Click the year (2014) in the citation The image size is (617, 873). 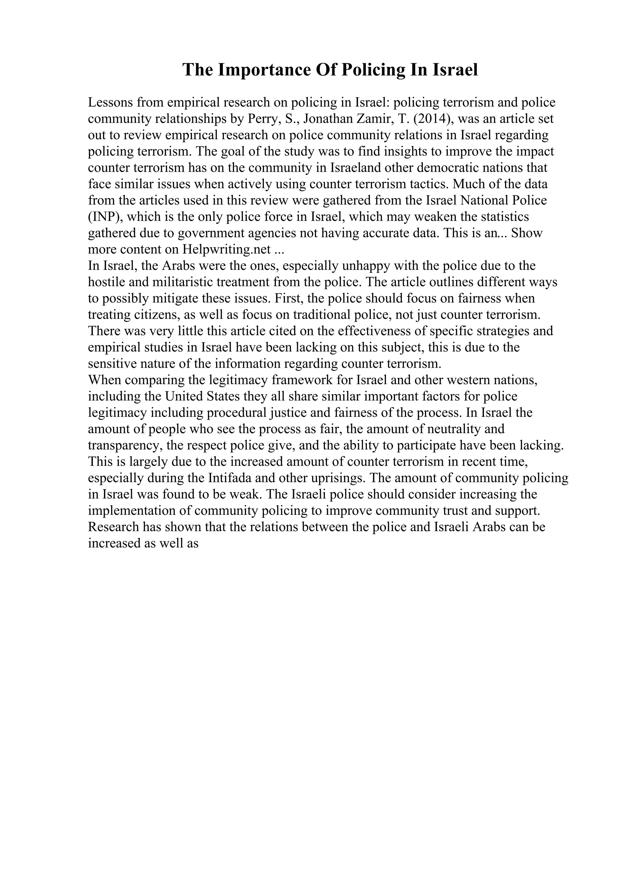(432, 119)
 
